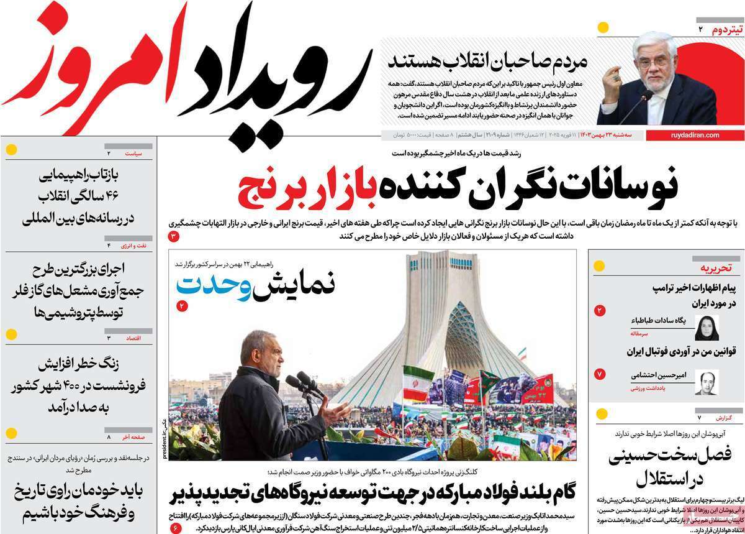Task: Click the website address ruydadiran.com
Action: tap(695, 135)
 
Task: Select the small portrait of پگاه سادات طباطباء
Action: tap(707, 327)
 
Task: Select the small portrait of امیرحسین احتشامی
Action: tap(707, 382)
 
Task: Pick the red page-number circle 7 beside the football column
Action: tap(600, 374)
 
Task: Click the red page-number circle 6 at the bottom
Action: tap(175, 528)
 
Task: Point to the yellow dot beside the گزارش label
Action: tap(600, 414)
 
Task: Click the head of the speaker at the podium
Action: tap(254, 348)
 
